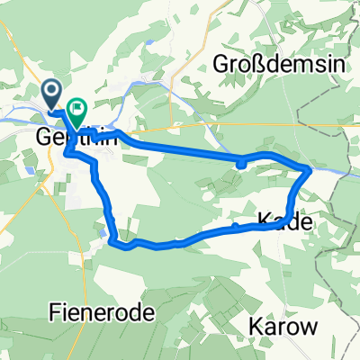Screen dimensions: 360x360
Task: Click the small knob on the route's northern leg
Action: [241, 163]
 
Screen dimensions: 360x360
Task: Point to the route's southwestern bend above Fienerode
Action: [112, 238]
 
